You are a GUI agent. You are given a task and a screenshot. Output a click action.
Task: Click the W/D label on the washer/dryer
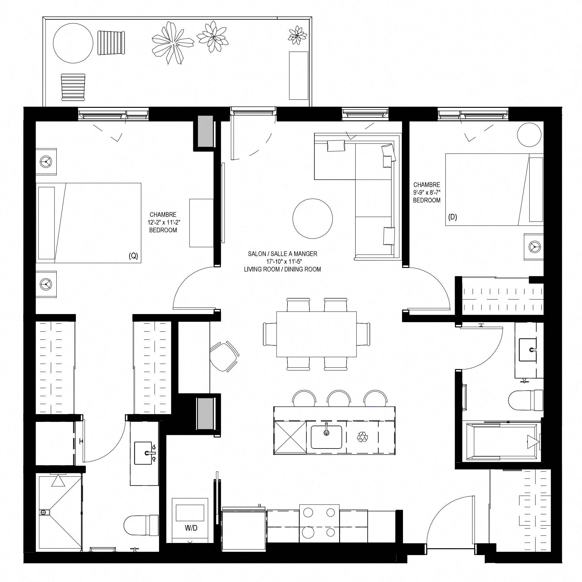(x=191, y=528)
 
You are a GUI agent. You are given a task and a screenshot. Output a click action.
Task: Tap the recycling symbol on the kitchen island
(x=362, y=437)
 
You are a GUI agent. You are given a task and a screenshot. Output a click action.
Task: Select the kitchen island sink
(x=326, y=437)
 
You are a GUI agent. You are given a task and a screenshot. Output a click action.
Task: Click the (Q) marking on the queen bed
(x=133, y=256)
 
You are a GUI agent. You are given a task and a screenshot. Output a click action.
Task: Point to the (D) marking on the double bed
(x=453, y=217)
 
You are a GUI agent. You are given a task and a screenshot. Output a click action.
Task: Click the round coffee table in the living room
(x=313, y=219)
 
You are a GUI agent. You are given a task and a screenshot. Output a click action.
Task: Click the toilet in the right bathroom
(x=526, y=400)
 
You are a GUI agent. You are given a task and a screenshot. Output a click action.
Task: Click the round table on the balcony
(x=73, y=43)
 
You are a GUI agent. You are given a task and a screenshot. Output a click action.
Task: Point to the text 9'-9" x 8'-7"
(x=427, y=192)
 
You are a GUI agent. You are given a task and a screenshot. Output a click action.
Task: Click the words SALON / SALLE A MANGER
(x=282, y=254)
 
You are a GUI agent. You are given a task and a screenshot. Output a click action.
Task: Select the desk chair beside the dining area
(x=224, y=356)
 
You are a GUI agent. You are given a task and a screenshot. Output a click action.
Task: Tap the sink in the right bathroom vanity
(x=528, y=350)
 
